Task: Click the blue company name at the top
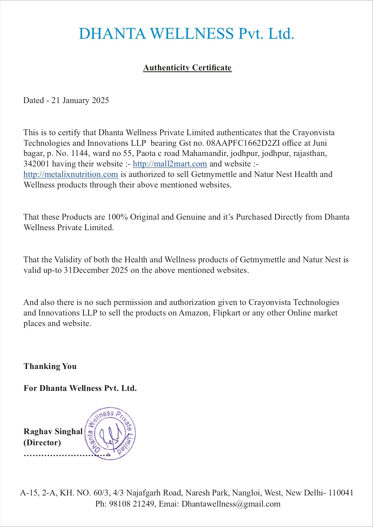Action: tap(186, 33)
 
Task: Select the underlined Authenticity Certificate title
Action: tap(187, 68)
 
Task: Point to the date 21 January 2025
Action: tap(80, 100)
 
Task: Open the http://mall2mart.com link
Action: tap(170, 164)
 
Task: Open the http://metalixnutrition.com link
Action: tap(71, 174)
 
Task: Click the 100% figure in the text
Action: tap(118, 217)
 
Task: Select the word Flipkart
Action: tap(226, 313)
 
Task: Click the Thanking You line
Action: tap(50, 366)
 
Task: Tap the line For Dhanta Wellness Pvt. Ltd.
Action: tap(80, 388)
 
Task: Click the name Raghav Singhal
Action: tap(53, 431)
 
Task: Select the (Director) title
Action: tap(42, 443)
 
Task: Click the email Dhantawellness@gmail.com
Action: tap(231, 504)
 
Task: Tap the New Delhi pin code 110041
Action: tap(341, 493)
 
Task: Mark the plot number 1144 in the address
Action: tap(80, 153)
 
